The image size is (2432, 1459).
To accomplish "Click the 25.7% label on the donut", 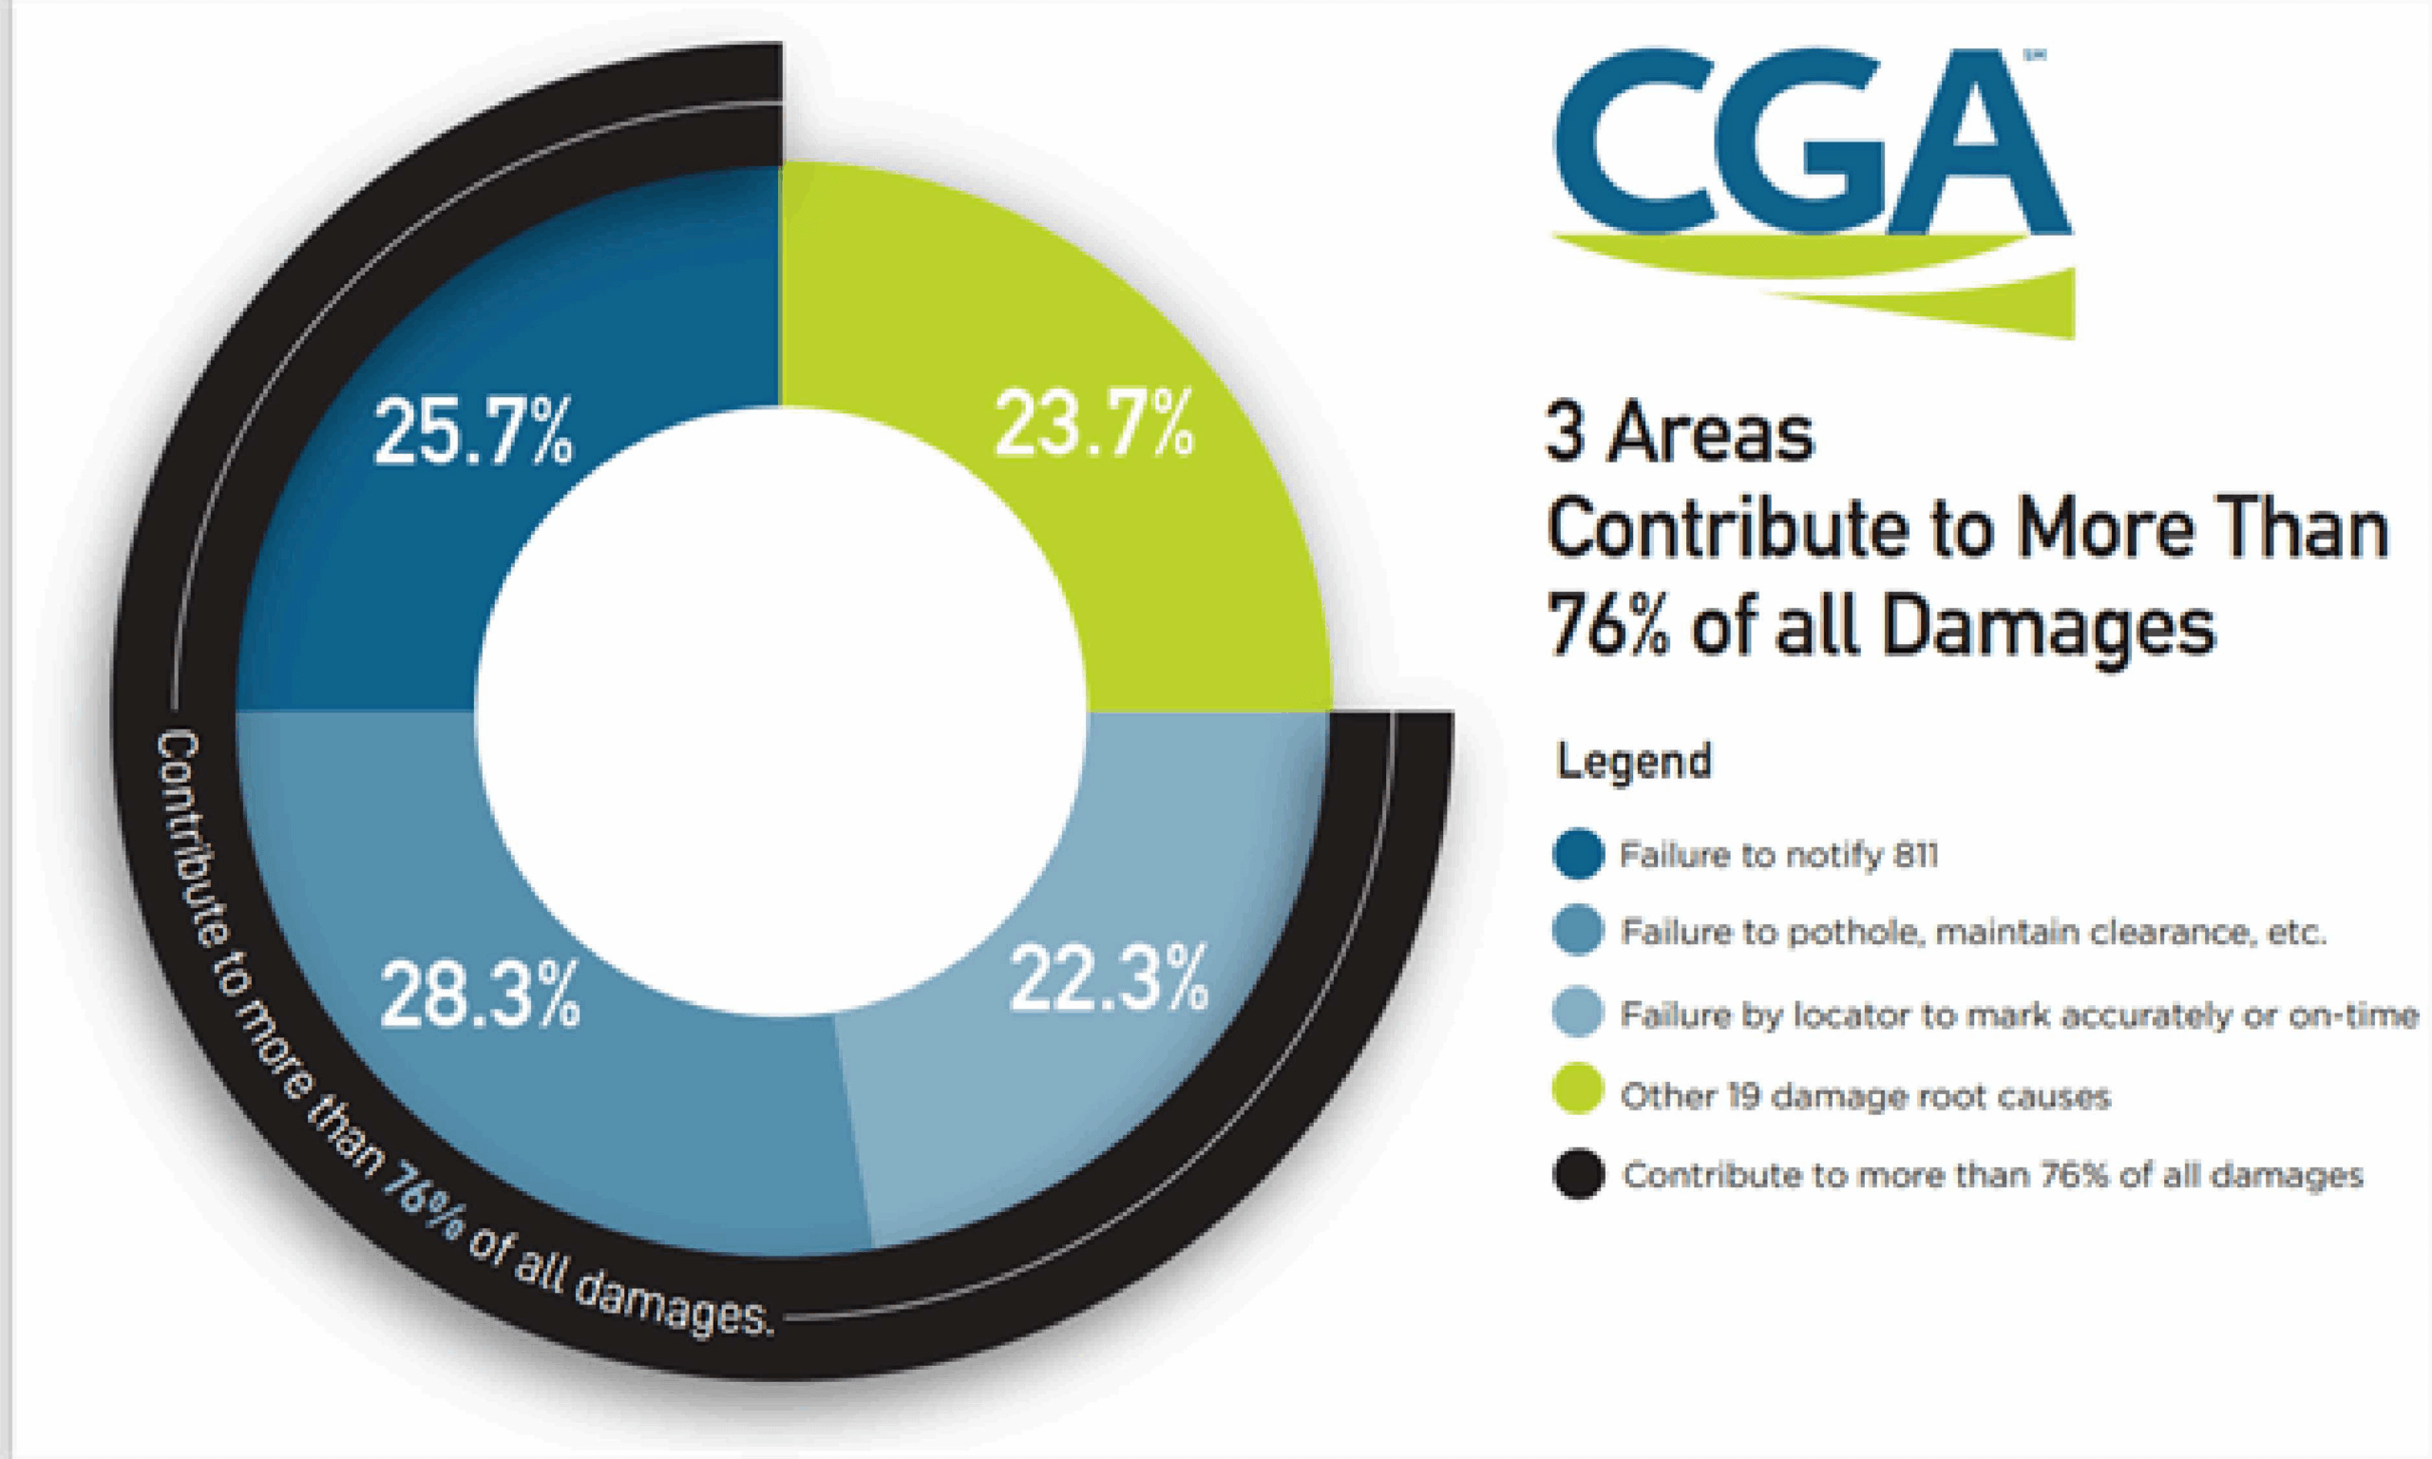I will click(473, 433).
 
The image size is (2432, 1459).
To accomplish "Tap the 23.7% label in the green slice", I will click(1094, 426).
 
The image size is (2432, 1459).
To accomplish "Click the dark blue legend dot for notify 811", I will click(1578, 854).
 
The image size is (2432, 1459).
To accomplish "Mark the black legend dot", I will click(1578, 1174).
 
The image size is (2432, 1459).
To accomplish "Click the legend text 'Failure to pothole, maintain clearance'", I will click(1972, 932).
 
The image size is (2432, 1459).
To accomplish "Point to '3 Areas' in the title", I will click(1679, 433).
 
